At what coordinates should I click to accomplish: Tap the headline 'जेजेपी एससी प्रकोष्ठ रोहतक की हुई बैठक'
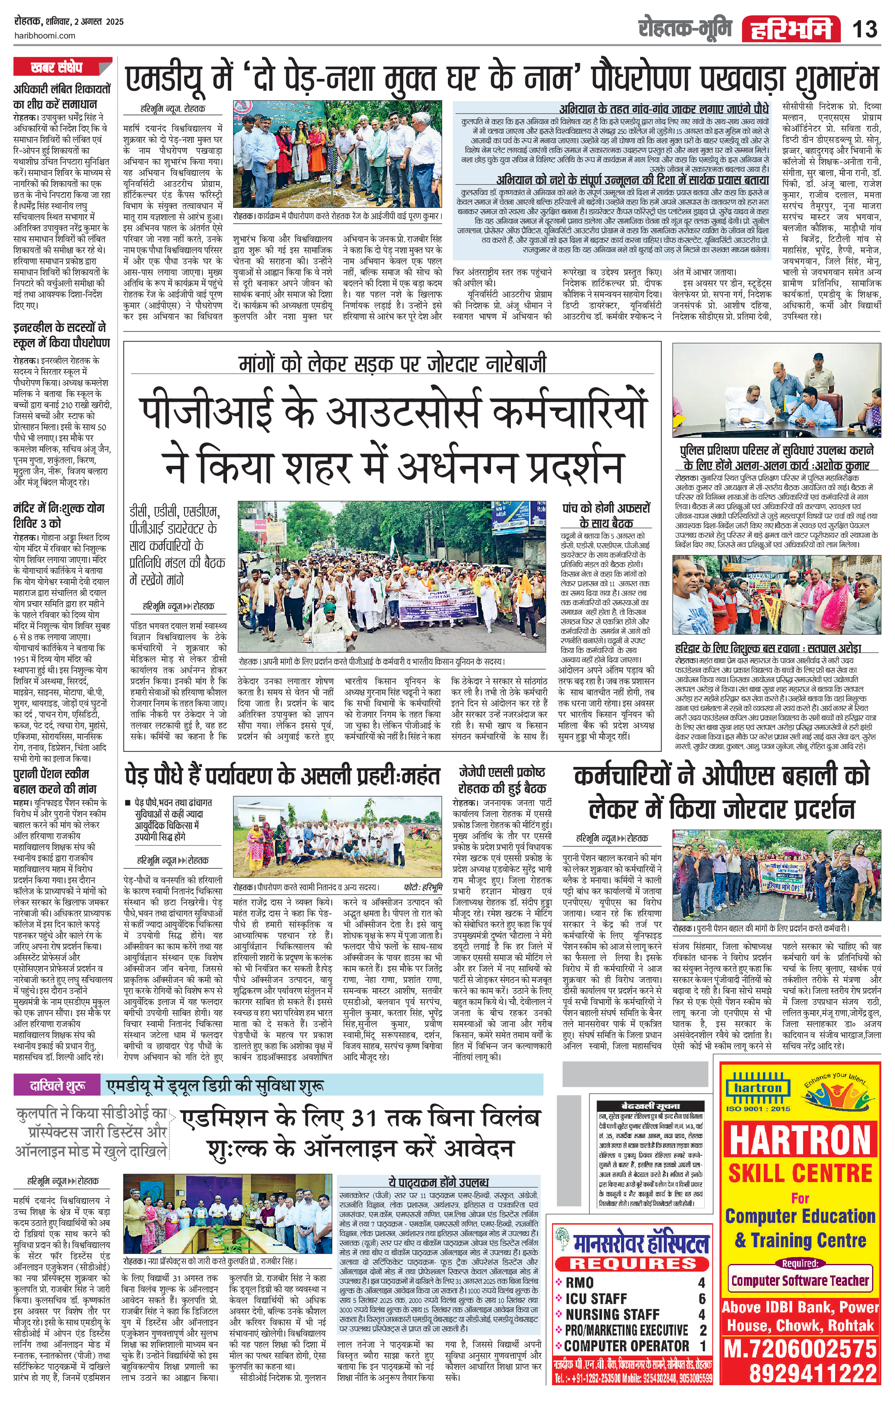click(502, 780)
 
